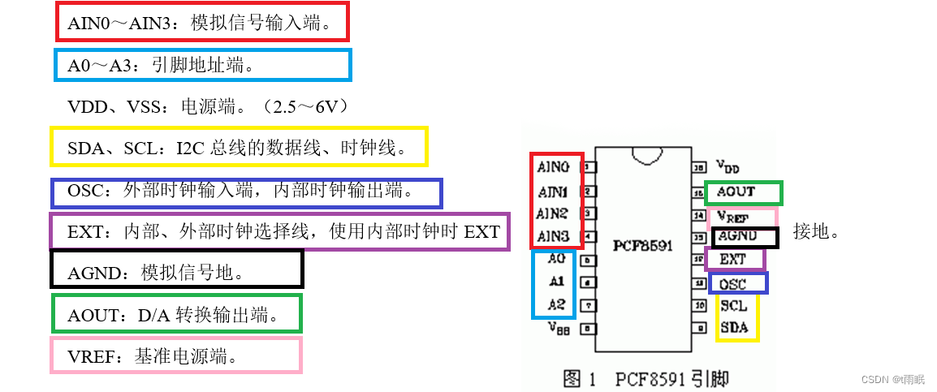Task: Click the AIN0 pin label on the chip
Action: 553,167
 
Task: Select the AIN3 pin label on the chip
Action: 553,237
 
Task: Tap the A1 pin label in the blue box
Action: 556,282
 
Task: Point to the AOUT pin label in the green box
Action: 735,192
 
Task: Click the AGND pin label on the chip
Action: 738,237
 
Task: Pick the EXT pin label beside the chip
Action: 732,260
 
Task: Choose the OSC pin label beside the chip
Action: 732,284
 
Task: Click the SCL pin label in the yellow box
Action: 733,306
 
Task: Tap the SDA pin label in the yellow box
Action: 733,328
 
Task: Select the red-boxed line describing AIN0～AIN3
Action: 201,23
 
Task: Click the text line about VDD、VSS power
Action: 208,106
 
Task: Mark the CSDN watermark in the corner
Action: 892,379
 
